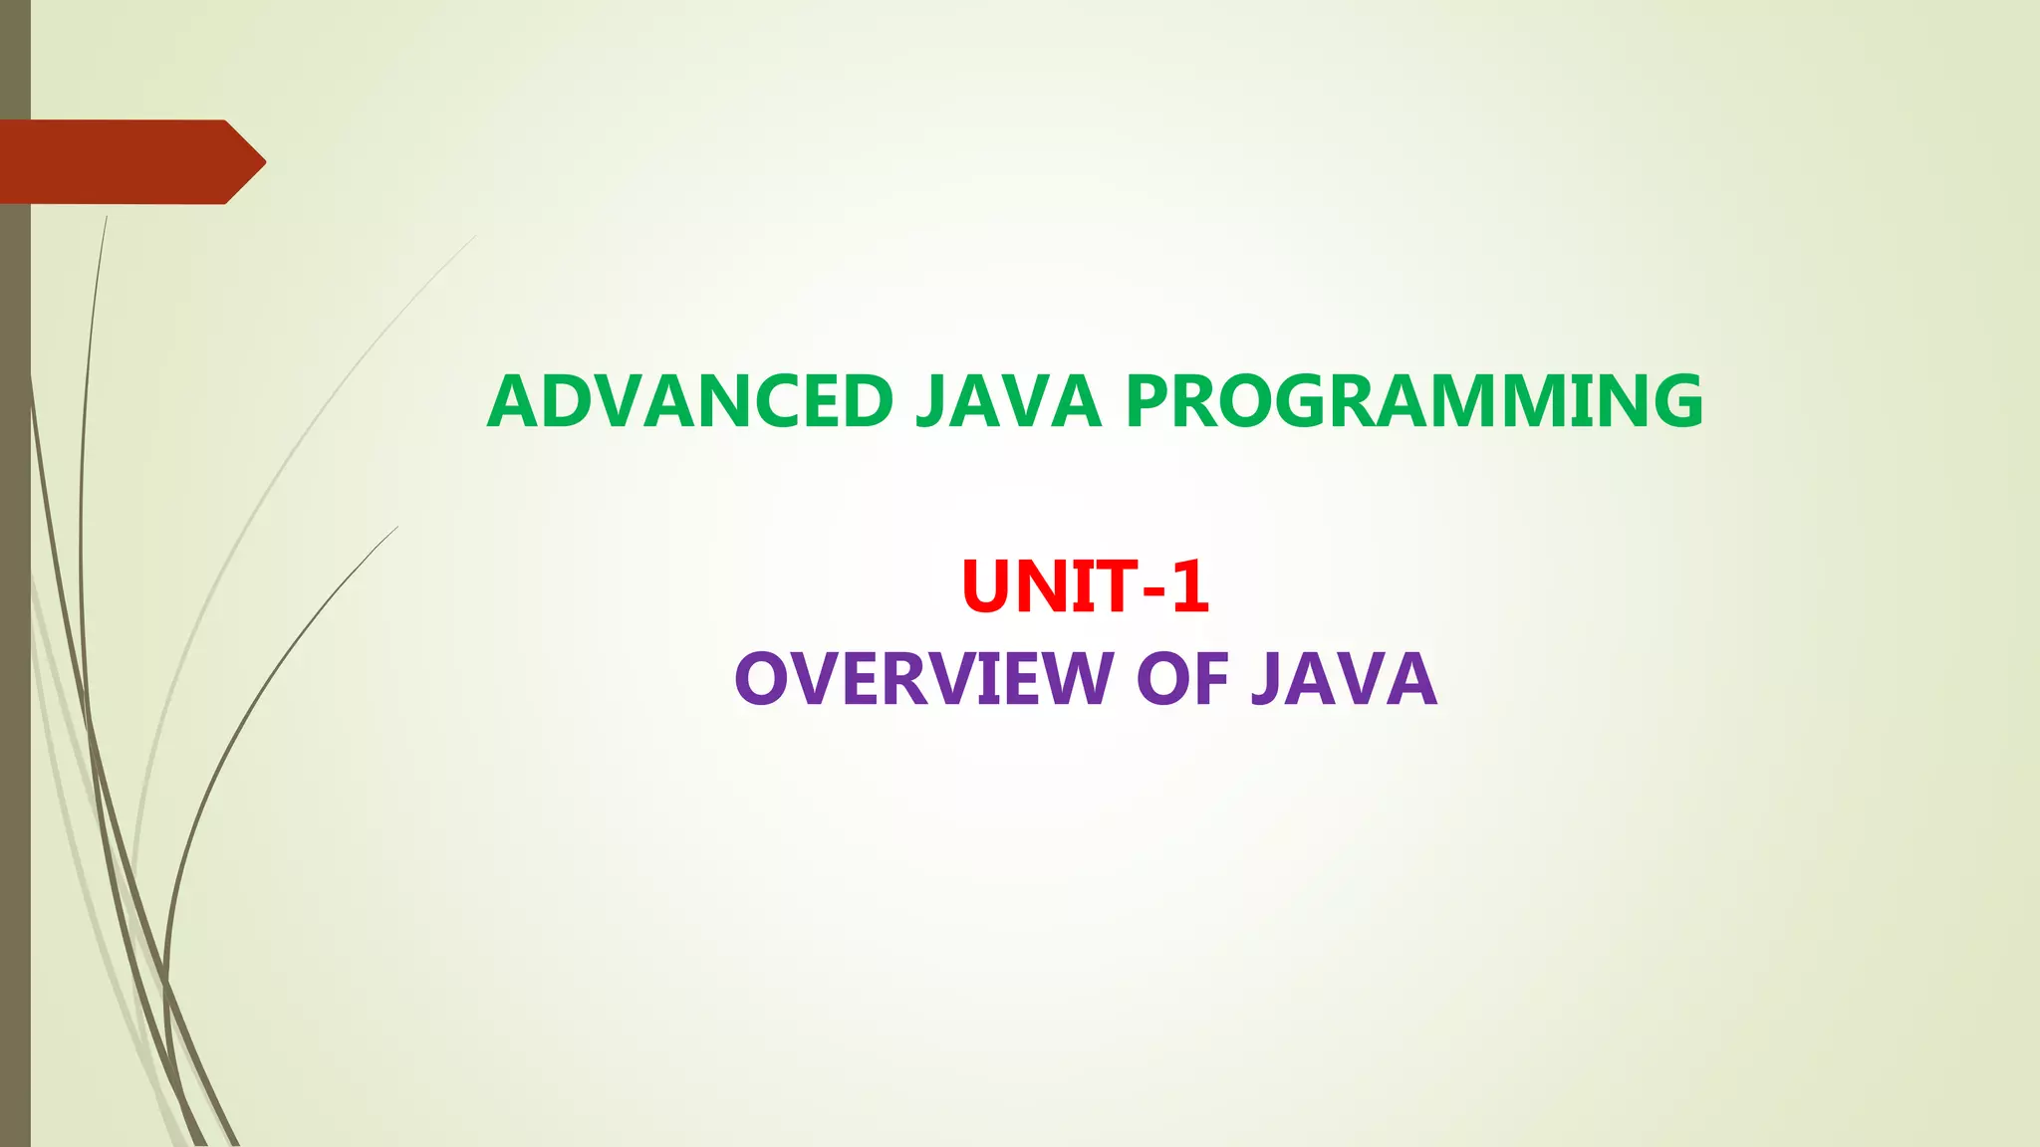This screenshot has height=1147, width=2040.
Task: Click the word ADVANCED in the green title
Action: tap(690, 401)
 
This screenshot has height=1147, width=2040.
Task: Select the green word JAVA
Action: tap(1007, 401)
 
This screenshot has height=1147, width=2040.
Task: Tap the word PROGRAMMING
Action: tap(1414, 401)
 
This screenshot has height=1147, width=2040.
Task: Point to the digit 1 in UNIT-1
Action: tap(1189, 586)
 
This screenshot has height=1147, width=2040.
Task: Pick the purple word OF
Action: tap(1182, 679)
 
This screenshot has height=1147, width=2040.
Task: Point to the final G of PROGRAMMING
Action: tap(1673, 401)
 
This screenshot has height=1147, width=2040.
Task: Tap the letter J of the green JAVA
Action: tap(929, 403)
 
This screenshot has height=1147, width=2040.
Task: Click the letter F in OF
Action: tap(1213, 679)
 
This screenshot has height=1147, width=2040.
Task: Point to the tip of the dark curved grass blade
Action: tap(396, 528)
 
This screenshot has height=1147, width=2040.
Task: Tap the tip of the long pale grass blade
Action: tap(475, 237)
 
